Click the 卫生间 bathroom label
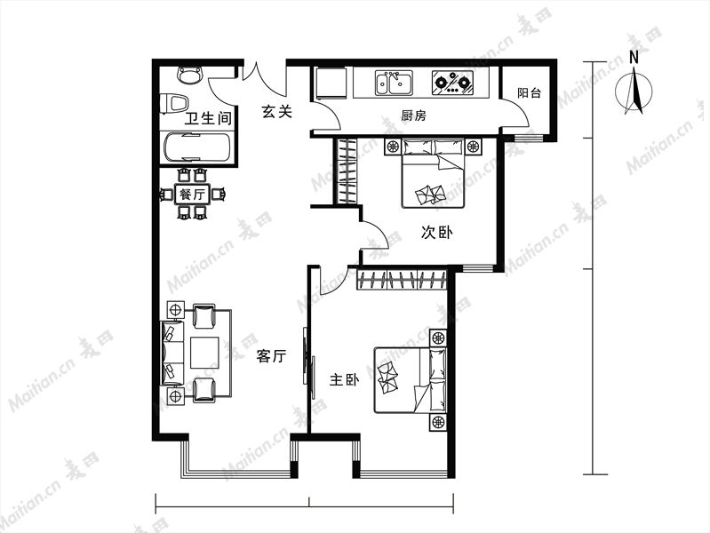208,119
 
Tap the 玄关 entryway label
276,111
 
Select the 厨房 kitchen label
413,115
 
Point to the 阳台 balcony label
529,93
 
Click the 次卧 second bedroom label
436,233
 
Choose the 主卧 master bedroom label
344,379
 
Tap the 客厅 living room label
271,356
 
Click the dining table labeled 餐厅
193,195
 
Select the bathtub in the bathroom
197,147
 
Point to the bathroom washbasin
189,75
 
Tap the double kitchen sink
394,83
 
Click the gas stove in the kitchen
452,83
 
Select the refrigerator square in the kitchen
331,83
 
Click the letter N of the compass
634,58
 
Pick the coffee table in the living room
204,353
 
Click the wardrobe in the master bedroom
402,279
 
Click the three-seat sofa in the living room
172,353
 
